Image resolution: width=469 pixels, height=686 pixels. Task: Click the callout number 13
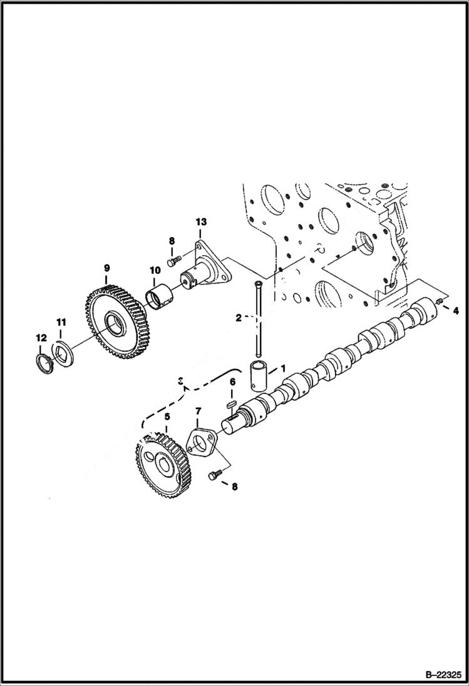point(200,222)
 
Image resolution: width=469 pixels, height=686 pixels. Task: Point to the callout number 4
point(455,310)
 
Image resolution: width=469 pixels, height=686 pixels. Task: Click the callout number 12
point(41,338)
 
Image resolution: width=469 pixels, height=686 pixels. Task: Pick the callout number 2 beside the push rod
point(238,318)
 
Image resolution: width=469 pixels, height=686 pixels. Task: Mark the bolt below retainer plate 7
point(214,477)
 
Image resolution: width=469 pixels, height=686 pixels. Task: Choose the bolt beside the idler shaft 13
point(174,257)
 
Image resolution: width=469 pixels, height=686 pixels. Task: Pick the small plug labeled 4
point(438,304)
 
